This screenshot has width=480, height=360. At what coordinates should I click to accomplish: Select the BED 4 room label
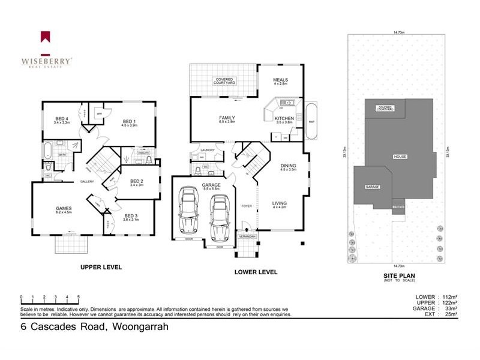pos(62,119)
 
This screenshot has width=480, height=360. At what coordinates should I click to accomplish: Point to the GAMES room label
pos(64,208)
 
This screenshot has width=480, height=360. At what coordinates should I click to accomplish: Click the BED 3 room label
pos(131,216)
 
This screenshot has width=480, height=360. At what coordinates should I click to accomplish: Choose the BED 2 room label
pos(136,181)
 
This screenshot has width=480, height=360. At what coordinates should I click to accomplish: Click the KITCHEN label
pos(284,119)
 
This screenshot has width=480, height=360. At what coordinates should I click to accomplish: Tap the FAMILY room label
pos(226,118)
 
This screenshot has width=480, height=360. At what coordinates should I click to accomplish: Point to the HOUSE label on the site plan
pos(400,157)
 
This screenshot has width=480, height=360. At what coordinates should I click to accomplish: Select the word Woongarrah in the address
pos(140,327)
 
